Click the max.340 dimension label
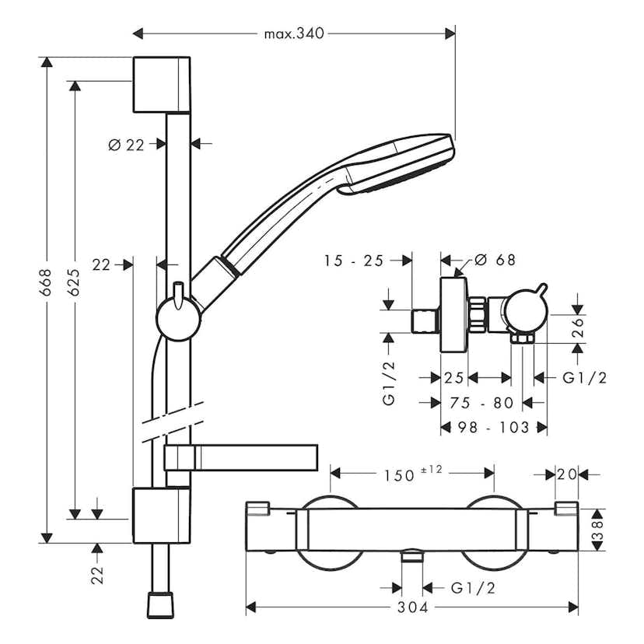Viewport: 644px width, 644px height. (294, 33)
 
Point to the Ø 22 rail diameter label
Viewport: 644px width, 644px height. (127, 144)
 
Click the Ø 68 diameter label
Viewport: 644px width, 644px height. (495, 261)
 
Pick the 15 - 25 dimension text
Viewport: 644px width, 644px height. (354, 261)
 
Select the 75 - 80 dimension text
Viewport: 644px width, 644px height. (482, 402)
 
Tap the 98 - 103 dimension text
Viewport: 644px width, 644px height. (493, 427)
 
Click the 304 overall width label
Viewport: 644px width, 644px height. (412, 607)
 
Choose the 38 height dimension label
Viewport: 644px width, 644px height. (597, 531)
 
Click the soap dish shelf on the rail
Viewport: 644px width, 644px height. (241, 458)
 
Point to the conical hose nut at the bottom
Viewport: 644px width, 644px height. (162, 604)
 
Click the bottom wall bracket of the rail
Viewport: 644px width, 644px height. (161, 515)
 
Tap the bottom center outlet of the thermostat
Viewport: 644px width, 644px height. (412, 555)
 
